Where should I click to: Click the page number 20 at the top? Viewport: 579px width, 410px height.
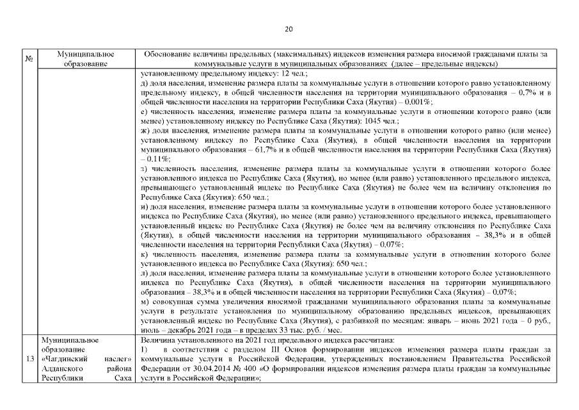tap(289, 29)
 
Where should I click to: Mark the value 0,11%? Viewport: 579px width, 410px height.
tap(158, 158)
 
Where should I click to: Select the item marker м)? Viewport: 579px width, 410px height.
tap(147, 301)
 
